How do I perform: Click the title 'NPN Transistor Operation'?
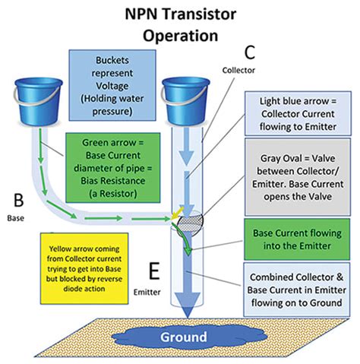[180, 24]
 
